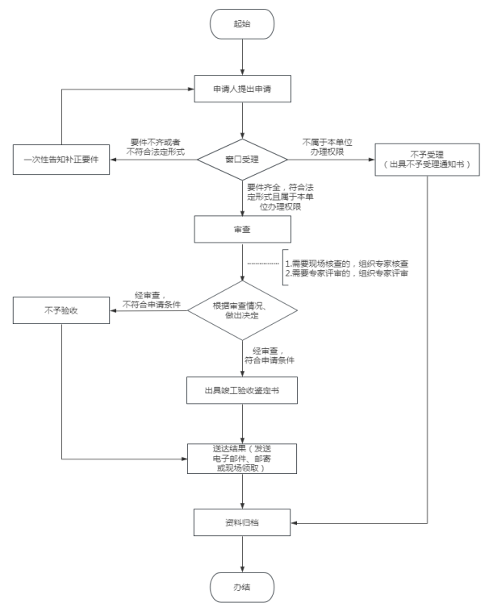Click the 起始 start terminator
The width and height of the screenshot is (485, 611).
pos(242,23)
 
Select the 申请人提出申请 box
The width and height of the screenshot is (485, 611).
pos(242,89)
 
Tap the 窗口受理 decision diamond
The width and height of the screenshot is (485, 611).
pos(242,160)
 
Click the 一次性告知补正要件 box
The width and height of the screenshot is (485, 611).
pos(61,160)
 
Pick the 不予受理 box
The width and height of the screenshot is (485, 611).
pos(427,160)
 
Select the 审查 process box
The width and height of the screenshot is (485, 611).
pos(242,230)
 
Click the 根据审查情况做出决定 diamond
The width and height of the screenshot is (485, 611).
pos(242,310)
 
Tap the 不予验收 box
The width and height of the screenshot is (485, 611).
pos(61,310)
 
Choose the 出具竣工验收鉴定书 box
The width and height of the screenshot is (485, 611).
pos(242,390)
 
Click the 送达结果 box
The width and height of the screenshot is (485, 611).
pos(242,459)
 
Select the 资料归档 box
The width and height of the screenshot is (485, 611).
pos(242,522)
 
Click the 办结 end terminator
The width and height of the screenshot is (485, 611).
pos(242,588)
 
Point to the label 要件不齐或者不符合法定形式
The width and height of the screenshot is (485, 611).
pos(155,148)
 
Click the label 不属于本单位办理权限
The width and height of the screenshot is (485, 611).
pos(327,148)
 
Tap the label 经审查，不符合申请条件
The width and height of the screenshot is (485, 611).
pos(152,300)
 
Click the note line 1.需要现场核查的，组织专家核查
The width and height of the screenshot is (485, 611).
pos(346,264)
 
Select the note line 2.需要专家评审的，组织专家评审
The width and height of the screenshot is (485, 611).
pos(346,273)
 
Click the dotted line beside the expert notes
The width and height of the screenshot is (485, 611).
pos(263,264)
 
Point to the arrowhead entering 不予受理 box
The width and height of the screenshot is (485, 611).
pos(372,160)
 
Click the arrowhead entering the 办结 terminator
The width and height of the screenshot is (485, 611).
pos(242,569)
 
